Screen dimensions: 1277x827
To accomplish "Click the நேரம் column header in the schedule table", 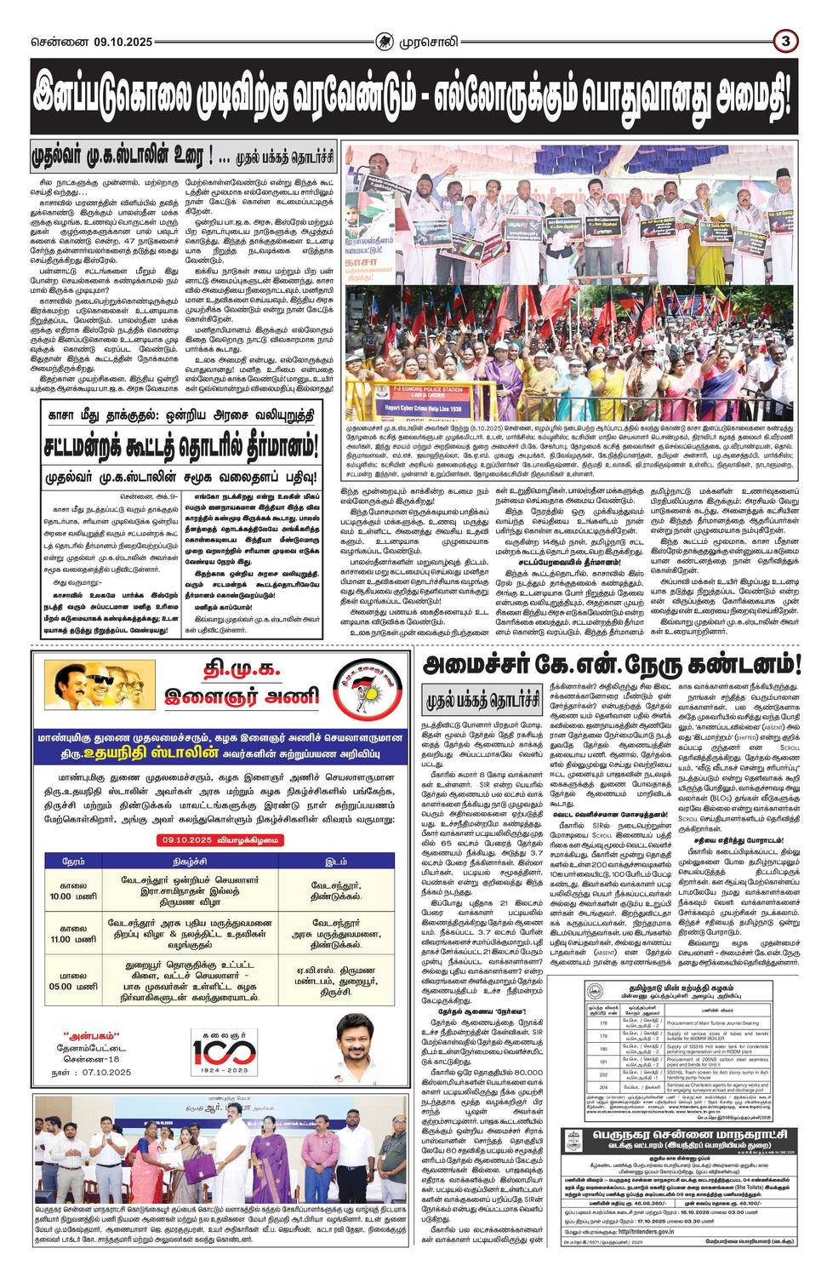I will (x=75, y=862).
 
